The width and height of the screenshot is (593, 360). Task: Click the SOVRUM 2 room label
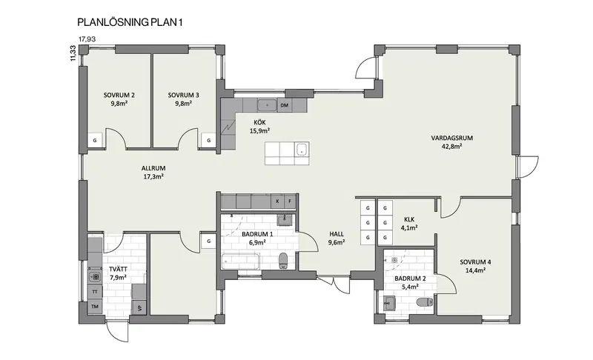point(119,96)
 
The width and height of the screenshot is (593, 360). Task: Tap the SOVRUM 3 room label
point(183,96)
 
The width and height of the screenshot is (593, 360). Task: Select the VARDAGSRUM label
point(452,138)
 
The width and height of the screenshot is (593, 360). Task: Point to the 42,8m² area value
point(452,147)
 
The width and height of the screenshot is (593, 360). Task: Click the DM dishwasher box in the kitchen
point(285,105)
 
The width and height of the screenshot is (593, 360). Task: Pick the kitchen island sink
point(302,148)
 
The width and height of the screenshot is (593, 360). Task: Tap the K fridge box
point(277,201)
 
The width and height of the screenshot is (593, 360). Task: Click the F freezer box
point(290,201)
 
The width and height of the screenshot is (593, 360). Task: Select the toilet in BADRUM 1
point(283,260)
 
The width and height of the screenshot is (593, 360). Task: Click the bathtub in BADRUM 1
point(240,261)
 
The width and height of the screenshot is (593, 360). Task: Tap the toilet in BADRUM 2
point(425,302)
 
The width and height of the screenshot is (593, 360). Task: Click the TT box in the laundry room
point(95,292)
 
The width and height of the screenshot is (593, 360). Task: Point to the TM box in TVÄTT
point(95,307)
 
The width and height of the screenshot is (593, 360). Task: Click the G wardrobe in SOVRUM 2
point(95,141)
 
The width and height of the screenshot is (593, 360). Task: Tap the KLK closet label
point(409,219)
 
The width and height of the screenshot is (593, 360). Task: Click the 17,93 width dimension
point(87,39)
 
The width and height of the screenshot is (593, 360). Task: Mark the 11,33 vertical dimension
point(73,53)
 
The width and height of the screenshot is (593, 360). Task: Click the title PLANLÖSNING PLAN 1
point(130,22)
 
